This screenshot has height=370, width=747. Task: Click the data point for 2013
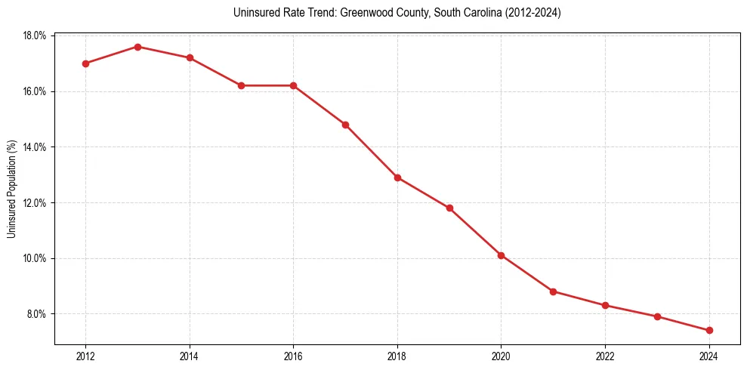coord(137,47)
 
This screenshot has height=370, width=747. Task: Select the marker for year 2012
coord(85,63)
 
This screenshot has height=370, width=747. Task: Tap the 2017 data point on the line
coord(345,125)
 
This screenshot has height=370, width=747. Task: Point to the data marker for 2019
coord(449,208)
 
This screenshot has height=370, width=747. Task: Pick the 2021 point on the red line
coord(554,291)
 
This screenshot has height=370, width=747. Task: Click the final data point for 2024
coord(709,330)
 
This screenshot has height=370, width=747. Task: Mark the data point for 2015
coord(242,85)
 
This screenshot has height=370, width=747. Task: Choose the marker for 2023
coord(657,316)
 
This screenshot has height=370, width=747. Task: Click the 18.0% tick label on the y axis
coord(35,36)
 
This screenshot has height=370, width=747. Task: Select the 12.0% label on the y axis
coord(35,203)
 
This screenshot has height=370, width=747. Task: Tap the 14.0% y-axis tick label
coord(35,147)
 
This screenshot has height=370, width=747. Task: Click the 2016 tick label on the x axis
coord(293,356)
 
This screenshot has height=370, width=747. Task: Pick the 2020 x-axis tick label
coord(501,356)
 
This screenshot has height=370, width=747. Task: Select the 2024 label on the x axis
coord(709,356)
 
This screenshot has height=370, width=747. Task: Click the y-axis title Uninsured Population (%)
coord(11,189)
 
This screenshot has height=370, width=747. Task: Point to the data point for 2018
coord(397,177)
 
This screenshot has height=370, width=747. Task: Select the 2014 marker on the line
coord(190,58)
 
